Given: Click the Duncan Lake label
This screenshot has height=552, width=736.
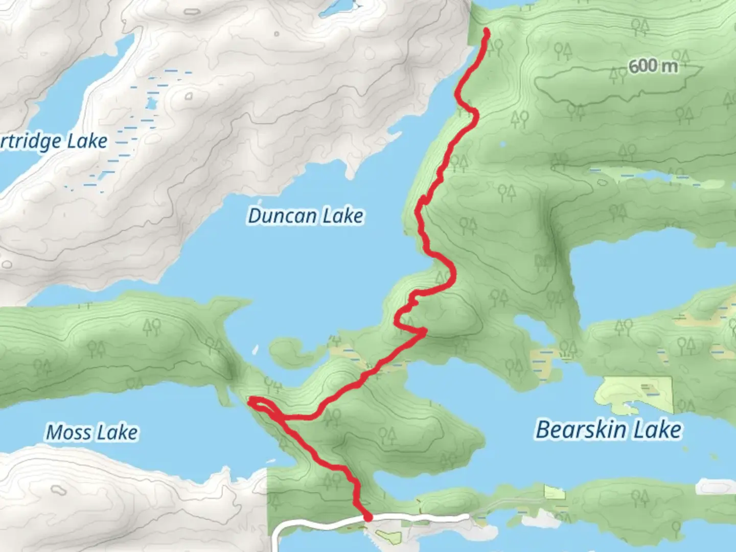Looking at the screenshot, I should pyautogui.click(x=306, y=216).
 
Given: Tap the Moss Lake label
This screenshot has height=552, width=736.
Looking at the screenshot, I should pyautogui.click(x=92, y=432).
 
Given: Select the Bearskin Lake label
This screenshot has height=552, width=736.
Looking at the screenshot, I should pyautogui.click(x=608, y=429).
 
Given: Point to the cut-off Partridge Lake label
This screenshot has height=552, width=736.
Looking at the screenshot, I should pyautogui.click(x=53, y=141).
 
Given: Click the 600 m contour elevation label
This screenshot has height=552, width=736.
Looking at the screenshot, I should pyautogui.click(x=653, y=66).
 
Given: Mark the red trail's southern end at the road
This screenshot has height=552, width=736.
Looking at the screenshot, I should pyautogui.click(x=367, y=517).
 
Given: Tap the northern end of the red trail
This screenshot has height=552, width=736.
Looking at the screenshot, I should pyautogui.click(x=485, y=32).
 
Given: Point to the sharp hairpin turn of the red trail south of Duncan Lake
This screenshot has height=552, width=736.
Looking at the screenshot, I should pyautogui.click(x=423, y=332).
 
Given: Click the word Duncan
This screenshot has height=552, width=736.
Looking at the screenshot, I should pyautogui.click(x=283, y=216).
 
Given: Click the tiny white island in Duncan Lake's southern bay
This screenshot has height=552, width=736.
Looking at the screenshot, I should pyautogui.click(x=254, y=351).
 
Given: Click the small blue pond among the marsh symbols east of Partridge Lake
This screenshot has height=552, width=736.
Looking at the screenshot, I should pyautogui.click(x=150, y=103).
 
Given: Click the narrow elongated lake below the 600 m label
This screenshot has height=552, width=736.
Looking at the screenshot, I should pyautogui.click(x=649, y=176).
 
